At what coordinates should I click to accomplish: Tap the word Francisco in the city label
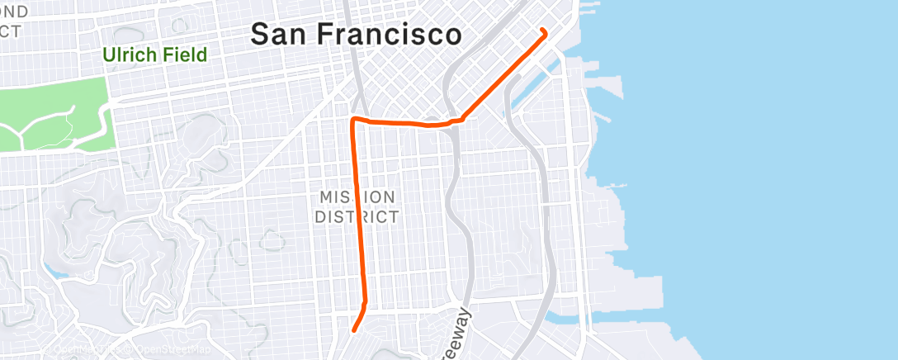(392, 35)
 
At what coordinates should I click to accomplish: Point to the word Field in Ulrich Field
(185, 56)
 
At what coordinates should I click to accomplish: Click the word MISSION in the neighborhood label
(357, 197)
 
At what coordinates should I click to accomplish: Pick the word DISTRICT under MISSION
(357, 217)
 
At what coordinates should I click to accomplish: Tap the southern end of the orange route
(354, 330)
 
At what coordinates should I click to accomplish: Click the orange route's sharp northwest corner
(355, 121)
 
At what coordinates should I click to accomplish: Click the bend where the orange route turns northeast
(460, 120)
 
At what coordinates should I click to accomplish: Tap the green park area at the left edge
(50, 116)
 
